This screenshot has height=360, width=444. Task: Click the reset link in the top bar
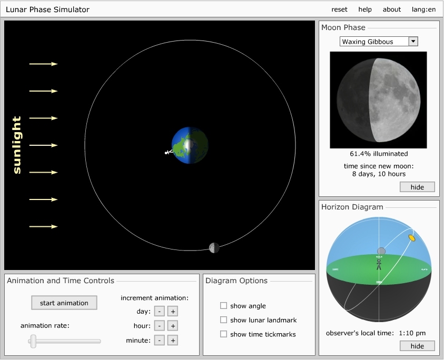(x=339, y=9)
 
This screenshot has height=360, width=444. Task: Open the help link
(x=365, y=9)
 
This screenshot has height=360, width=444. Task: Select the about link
(x=392, y=9)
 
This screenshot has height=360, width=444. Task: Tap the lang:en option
(x=423, y=9)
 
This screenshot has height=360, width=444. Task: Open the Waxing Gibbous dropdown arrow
(x=413, y=42)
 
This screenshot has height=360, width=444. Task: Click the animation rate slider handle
(x=33, y=341)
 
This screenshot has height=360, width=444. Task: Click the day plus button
(x=173, y=312)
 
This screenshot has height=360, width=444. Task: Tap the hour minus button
(x=160, y=326)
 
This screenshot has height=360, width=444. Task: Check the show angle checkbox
(x=223, y=306)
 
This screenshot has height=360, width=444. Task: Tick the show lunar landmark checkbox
(x=223, y=320)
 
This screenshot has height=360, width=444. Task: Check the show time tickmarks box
(x=223, y=334)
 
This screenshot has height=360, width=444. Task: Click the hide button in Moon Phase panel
(x=417, y=187)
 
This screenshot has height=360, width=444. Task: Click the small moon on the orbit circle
(x=214, y=248)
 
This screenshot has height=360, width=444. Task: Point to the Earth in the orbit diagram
(x=190, y=145)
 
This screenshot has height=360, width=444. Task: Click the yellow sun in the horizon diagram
(x=412, y=238)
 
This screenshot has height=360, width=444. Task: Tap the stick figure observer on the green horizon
(x=379, y=265)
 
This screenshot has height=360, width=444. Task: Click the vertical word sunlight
(x=17, y=145)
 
